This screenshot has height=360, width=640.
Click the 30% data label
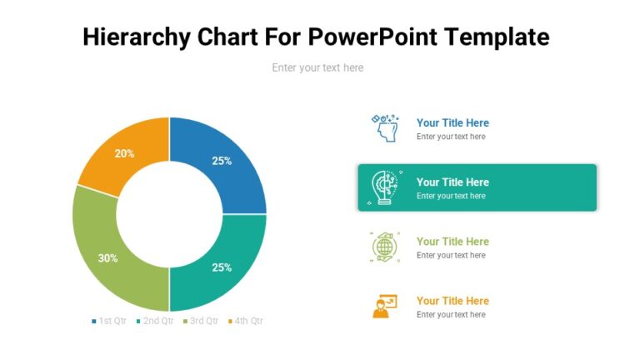pyautogui.click(x=108, y=258)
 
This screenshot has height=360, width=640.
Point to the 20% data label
pyautogui.click(x=125, y=153)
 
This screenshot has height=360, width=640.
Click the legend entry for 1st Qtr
pyautogui.click(x=108, y=321)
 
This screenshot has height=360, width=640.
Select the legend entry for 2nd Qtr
pyautogui.click(x=154, y=321)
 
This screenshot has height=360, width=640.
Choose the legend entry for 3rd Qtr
pyautogui.click(x=200, y=321)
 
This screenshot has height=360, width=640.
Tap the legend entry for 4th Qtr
pyautogui.click(x=245, y=321)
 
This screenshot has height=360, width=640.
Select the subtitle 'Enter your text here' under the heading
pyautogui.click(x=317, y=67)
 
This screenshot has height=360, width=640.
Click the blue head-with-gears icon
pyautogui.click(x=384, y=128)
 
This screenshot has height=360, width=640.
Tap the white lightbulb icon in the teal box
pyautogui.click(x=384, y=187)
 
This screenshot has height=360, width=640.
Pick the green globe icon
pyautogui.click(x=384, y=247)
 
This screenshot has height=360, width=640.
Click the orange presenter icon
pyautogui.click(x=384, y=306)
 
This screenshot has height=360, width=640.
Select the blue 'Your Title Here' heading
pyautogui.click(x=452, y=122)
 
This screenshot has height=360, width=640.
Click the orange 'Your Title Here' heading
pyautogui.click(x=452, y=301)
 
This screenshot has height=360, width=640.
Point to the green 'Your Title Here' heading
pyautogui.click(x=452, y=242)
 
